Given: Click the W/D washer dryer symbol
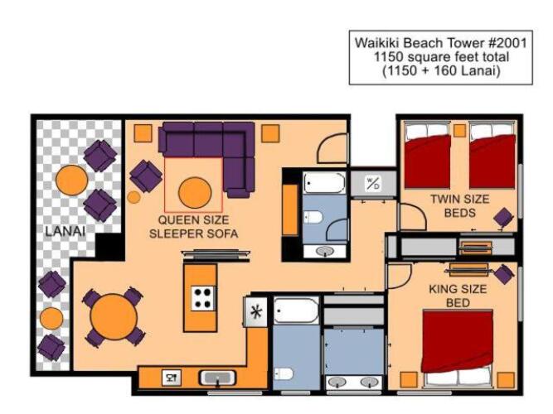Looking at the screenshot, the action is (x=373, y=183).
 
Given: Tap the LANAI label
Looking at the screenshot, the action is (x=65, y=231).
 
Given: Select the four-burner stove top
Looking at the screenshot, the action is (x=203, y=298).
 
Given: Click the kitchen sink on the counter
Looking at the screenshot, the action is (x=217, y=378).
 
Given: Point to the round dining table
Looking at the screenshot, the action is (x=114, y=317).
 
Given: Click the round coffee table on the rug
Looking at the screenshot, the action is (x=195, y=193).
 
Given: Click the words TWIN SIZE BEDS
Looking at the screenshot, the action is (x=460, y=206).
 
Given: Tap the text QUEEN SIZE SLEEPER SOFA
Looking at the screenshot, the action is (x=194, y=227).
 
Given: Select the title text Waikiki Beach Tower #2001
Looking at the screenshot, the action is (x=441, y=43).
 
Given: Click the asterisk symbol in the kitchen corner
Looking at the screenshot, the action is (x=255, y=311).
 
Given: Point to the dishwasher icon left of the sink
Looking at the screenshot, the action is (x=172, y=378).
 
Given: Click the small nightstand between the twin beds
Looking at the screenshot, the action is (x=459, y=130).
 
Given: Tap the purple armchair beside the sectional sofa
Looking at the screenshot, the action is (x=146, y=176).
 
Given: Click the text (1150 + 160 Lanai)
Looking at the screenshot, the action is (x=442, y=71).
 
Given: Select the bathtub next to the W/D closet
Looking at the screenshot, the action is (x=324, y=182).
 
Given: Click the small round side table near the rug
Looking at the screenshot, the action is (x=133, y=197).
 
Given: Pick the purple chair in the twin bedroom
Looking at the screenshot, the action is (x=503, y=217).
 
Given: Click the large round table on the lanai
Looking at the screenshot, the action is (x=71, y=181).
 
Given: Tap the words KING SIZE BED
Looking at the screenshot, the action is (x=458, y=296).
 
